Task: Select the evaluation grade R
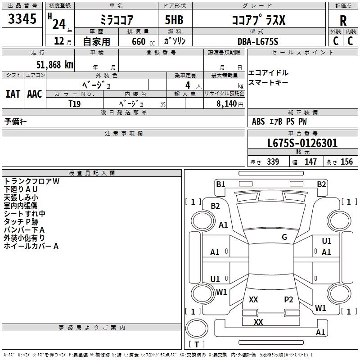click(x=343, y=20)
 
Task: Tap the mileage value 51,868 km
click(x=48, y=64)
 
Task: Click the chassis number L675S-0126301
click(x=302, y=144)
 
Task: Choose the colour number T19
click(x=75, y=103)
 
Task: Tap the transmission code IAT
click(x=13, y=94)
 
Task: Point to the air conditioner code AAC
click(x=35, y=94)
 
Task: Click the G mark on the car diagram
click(x=284, y=237)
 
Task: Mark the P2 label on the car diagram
click(x=288, y=300)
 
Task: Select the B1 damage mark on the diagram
click(x=220, y=184)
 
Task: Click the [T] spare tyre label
click(x=196, y=344)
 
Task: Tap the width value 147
click(x=310, y=162)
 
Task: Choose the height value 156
click(x=346, y=162)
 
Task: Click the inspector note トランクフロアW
click(x=31, y=181)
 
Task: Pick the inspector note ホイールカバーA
click(x=31, y=246)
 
